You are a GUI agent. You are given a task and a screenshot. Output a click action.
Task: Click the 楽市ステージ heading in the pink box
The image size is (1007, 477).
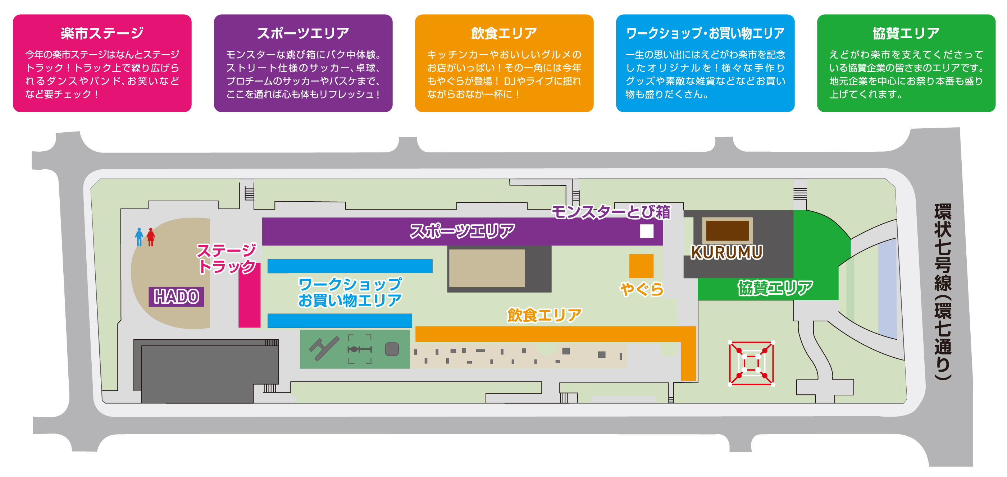coord(102,33)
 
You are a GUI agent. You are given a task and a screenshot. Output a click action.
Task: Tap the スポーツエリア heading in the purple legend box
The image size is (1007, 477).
coord(303,33)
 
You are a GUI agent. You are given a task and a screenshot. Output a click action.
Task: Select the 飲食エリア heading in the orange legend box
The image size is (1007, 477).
coord(504,33)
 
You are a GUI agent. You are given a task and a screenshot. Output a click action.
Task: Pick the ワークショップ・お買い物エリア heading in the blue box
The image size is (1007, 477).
coord(705,33)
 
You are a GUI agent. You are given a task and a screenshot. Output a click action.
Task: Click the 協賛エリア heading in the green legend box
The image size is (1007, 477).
coord(906,33)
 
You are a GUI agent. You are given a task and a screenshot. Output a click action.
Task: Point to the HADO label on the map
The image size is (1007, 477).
coord(176,297)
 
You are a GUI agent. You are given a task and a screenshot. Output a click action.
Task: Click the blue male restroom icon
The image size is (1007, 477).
coord(139,237)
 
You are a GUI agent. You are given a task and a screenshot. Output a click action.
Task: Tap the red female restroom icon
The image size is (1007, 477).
coord(151,237)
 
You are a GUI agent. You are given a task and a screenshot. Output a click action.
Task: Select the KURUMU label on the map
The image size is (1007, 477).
coord(726,252)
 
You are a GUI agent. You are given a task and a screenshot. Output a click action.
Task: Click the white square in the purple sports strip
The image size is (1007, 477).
coord(647,231)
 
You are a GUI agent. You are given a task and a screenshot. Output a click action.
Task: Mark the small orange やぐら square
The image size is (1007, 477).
coord(641,266)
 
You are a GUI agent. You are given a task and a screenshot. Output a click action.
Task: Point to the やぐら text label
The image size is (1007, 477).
coord(642,289)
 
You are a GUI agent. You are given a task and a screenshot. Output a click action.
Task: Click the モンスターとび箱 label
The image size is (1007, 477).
coord(611,212)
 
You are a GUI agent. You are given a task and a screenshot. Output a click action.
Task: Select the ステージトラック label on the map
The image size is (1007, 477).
coord(227,258)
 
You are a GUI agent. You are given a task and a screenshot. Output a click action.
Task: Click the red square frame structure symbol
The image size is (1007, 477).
coord(751,363)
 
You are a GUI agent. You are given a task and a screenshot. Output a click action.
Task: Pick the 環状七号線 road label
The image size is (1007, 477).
coord(943,291)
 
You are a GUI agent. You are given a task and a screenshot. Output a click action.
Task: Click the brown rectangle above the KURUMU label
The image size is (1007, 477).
coord(727,230)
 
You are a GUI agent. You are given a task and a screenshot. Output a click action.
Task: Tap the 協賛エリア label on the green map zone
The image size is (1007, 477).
coord(775,288)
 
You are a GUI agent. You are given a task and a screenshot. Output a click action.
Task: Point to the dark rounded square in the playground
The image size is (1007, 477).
coord(392,349)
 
